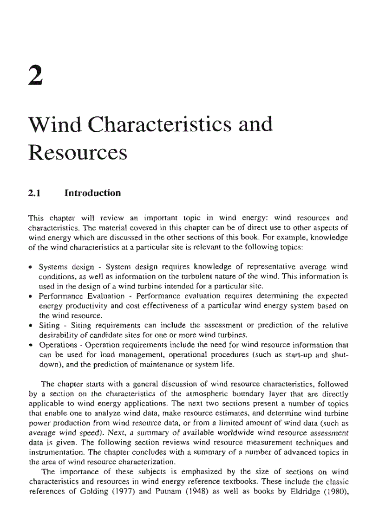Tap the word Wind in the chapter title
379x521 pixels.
[x=57, y=125]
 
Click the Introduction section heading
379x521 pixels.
[x=92, y=193]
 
